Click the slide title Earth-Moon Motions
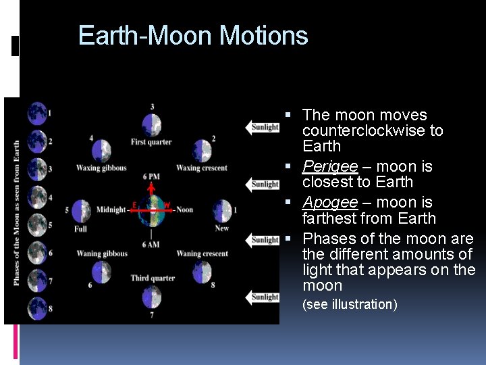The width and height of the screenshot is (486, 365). pos(193,35)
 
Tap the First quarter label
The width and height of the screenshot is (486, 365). pos(151,142)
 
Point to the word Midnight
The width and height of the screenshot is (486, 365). pos(110,210)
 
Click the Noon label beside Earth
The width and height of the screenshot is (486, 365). pos(184,210)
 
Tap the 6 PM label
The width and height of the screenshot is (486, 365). pos(151,176)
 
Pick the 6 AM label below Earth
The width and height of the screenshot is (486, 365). pos(151,243)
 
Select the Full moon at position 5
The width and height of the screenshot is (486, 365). pos(81,210)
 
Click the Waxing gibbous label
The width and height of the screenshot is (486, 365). pos(101,168)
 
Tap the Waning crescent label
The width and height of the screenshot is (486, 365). pos(202,253)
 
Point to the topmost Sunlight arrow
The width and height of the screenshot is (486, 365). pos(263,127)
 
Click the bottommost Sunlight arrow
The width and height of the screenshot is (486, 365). pos(263,297)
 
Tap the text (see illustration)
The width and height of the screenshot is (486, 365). pos(350,304)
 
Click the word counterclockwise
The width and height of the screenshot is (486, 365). pos(373,130)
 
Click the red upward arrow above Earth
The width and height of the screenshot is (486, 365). pos(152,190)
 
